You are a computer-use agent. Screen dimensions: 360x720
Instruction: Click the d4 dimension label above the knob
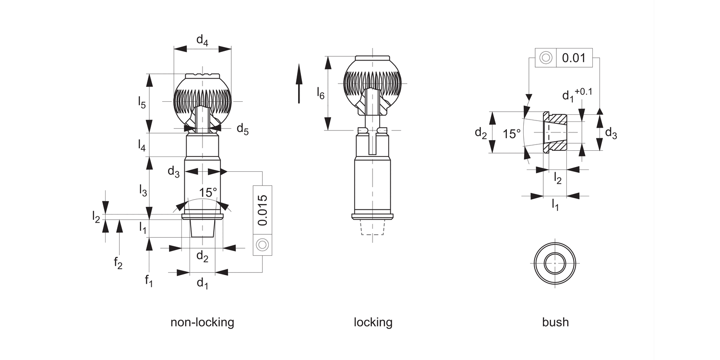tap(202, 41)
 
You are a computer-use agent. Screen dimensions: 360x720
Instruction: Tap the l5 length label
tap(141, 102)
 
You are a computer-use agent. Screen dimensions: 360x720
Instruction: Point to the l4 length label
tap(141, 145)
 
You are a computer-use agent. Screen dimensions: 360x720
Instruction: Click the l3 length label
tap(143, 191)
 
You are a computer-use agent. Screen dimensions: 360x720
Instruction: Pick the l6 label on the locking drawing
tap(320, 93)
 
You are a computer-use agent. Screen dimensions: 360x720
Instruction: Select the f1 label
tap(149, 281)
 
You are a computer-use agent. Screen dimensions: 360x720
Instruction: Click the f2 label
tap(118, 263)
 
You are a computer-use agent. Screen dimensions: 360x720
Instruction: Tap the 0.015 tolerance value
tap(262, 210)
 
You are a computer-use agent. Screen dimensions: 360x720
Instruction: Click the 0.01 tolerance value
tap(574, 58)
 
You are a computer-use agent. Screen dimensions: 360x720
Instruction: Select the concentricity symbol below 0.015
tap(262, 245)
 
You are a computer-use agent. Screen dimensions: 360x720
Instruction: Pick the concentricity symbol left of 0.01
tap(545, 58)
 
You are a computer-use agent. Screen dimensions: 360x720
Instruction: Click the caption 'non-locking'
tap(202, 322)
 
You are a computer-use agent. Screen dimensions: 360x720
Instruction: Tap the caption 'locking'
tap(373, 322)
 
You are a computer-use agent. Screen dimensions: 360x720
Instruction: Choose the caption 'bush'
tap(555, 322)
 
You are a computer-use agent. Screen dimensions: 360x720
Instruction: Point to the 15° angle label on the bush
tap(512, 133)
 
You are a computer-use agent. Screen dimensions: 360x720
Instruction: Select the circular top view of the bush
tap(555, 264)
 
